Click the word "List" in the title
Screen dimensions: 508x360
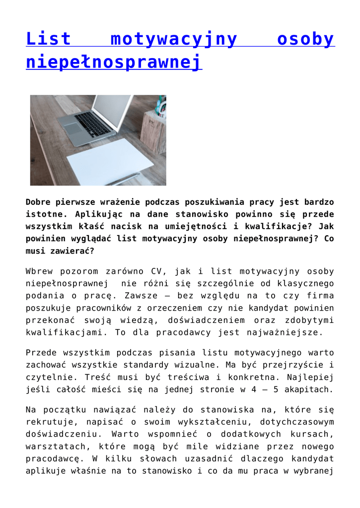[49, 39]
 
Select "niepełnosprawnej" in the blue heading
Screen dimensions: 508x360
[114, 63]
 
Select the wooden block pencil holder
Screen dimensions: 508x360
[153, 131]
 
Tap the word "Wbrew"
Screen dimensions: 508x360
[41, 272]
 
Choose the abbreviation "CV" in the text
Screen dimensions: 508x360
[151, 272]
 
